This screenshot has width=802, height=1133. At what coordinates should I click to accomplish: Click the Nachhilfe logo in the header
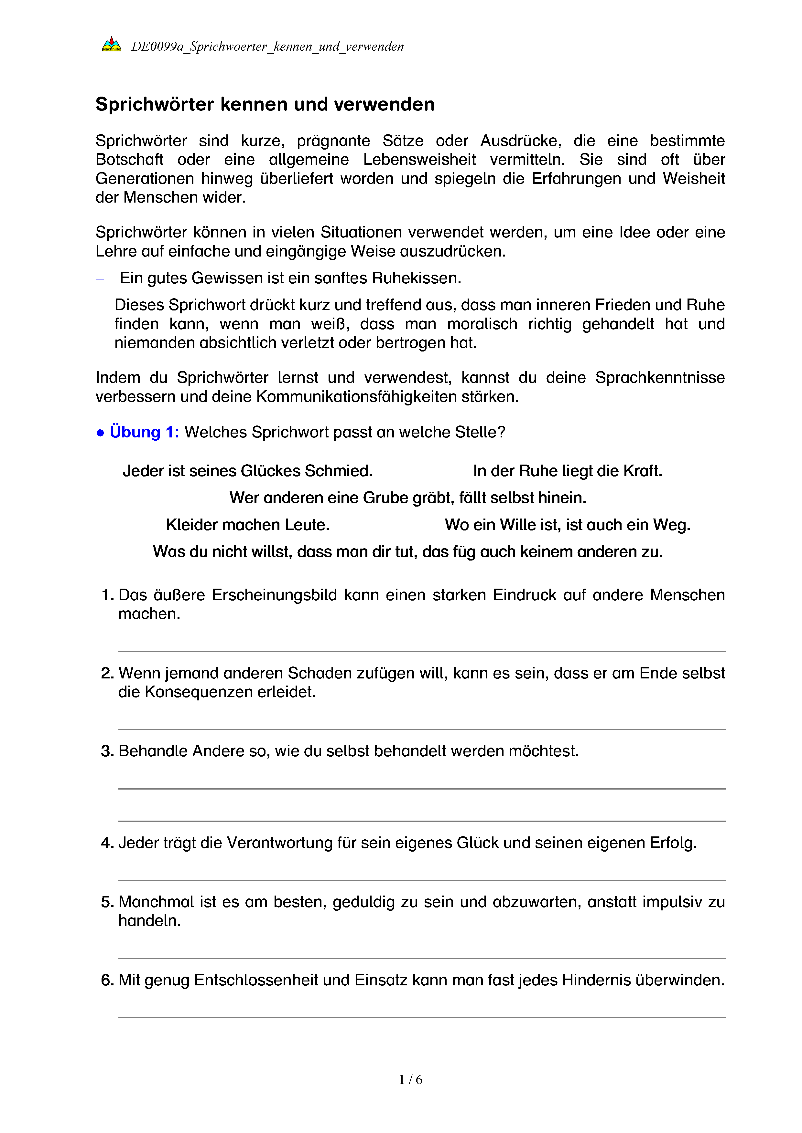pyautogui.click(x=111, y=45)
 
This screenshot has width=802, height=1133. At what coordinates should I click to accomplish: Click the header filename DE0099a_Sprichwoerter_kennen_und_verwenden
pyautogui.click(x=267, y=47)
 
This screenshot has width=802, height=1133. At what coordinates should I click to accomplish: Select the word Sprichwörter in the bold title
pyautogui.click(x=155, y=105)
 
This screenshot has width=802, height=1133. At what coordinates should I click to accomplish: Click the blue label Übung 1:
pyautogui.click(x=144, y=432)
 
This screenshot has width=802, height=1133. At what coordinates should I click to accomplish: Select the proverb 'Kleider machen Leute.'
pyautogui.click(x=247, y=525)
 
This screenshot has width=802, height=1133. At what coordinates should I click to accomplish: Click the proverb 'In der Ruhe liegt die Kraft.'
pyautogui.click(x=568, y=471)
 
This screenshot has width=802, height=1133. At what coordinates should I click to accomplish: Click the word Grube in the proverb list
pyautogui.click(x=386, y=498)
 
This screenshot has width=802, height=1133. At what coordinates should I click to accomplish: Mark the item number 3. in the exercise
pyautogui.click(x=108, y=751)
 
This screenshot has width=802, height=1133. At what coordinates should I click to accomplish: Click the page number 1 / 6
pyautogui.click(x=410, y=1080)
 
